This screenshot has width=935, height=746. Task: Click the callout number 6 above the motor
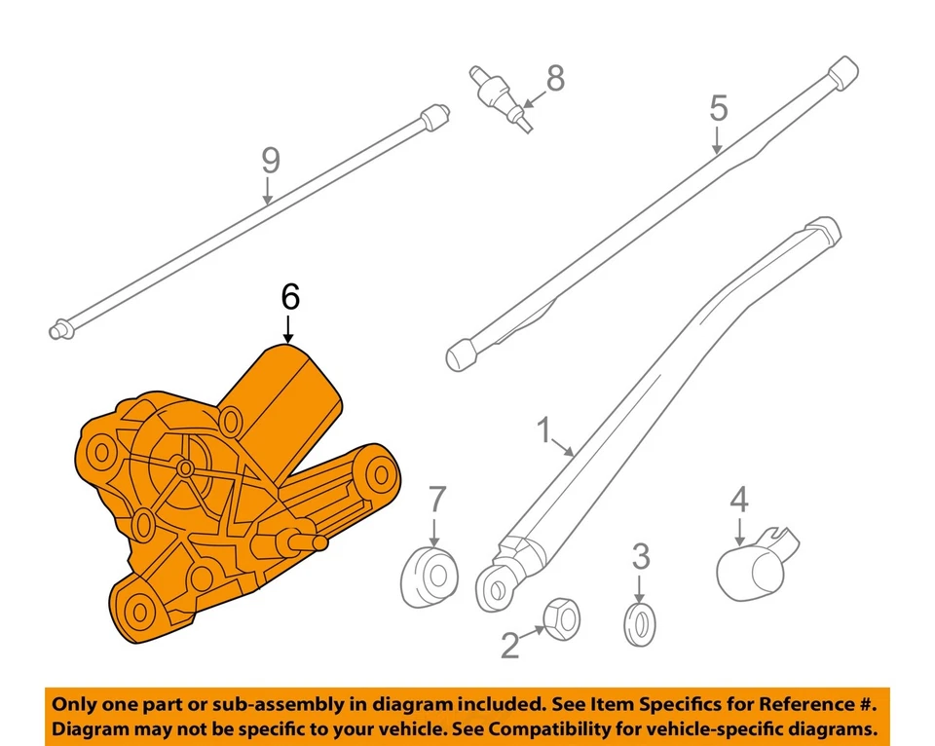[289, 298]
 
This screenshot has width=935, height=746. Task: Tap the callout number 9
[270, 161]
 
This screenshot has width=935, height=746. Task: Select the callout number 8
[555, 79]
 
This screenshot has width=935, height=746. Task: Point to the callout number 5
[718, 108]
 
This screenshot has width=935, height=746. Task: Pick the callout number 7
[436, 501]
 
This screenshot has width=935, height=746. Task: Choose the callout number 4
[739, 501]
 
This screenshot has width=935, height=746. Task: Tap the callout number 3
[640, 558]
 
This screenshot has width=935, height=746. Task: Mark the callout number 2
[510, 644]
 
